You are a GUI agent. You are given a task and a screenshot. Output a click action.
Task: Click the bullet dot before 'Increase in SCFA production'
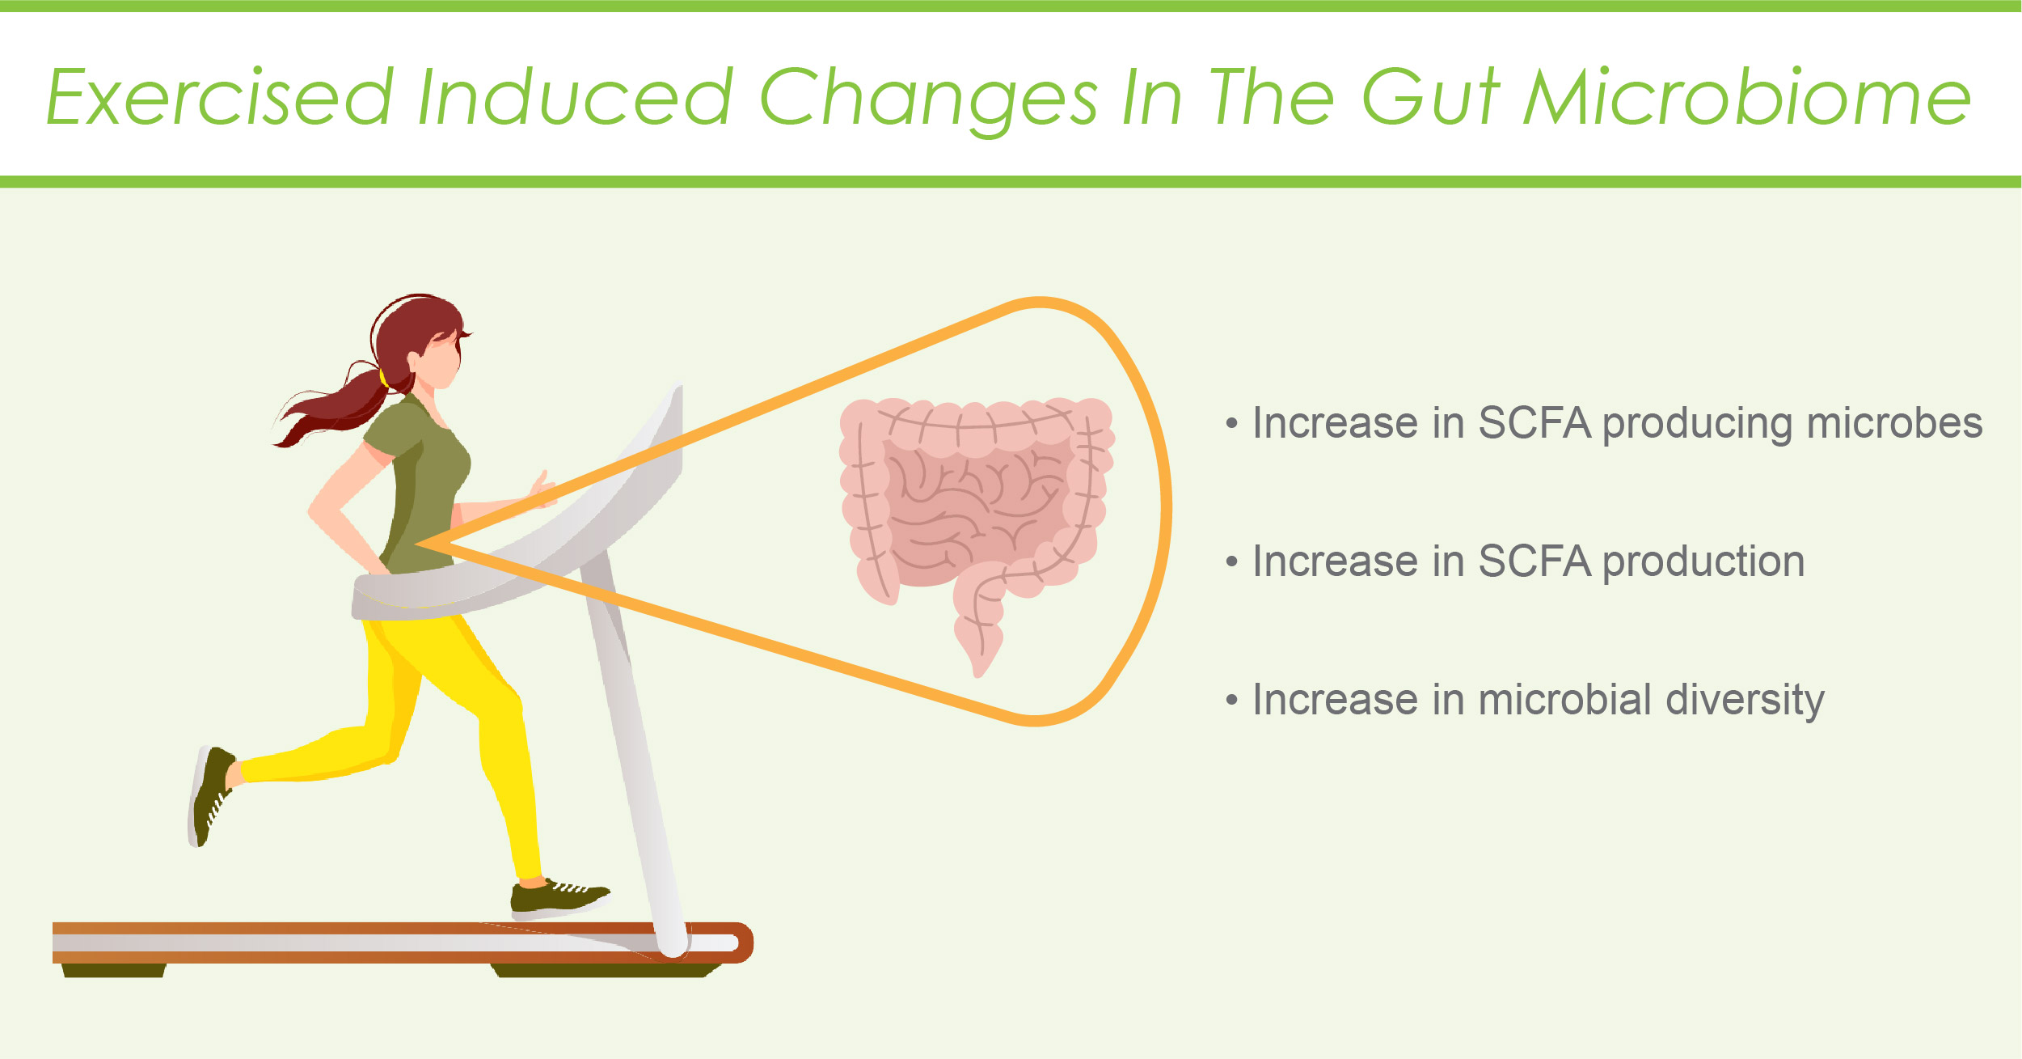coord(1231,561)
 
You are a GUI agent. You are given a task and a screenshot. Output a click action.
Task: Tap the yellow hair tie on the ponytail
coord(383,377)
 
